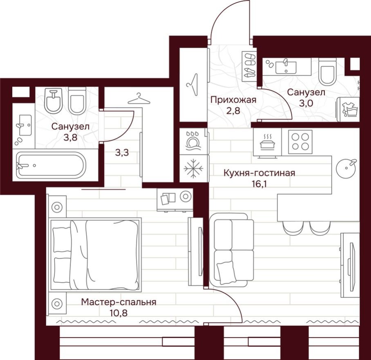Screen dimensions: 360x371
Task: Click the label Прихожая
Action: pos(233,100)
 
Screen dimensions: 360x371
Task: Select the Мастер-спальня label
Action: pos(118,302)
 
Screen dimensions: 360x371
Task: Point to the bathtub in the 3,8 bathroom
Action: pos(51,166)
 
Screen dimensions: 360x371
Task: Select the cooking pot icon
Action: pos(268,142)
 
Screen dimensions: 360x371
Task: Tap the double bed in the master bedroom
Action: pos(95,254)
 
